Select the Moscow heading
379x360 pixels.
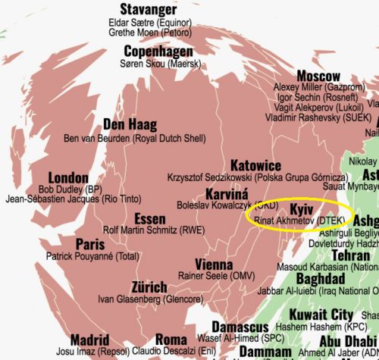click(x=318, y=77)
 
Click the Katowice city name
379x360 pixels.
click(x=254, y=165)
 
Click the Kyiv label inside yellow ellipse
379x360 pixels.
click(x=301, y=207)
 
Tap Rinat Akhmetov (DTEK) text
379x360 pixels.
click(x=296, y=220)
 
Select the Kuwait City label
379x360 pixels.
click(x=322, y=314)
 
